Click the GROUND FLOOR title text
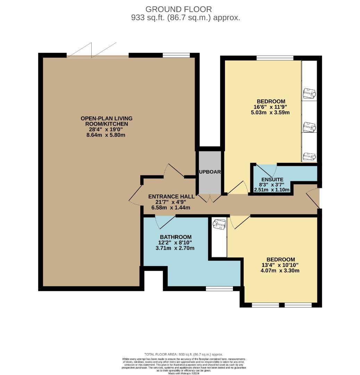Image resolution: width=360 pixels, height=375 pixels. (178, 9)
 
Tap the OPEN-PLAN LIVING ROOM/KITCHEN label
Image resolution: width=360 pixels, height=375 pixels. (106, 121)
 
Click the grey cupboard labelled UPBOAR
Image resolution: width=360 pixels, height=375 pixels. (210, 172)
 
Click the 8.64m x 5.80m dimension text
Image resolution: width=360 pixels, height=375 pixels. (106, 135)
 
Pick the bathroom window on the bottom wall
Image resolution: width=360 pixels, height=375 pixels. (219, 289)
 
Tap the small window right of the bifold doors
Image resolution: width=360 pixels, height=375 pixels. (176, 55)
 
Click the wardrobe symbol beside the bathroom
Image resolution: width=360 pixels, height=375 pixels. (219, 225)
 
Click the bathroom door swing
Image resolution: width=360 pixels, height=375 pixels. (165, 222)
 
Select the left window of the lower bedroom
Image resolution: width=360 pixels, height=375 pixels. (265, 305)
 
